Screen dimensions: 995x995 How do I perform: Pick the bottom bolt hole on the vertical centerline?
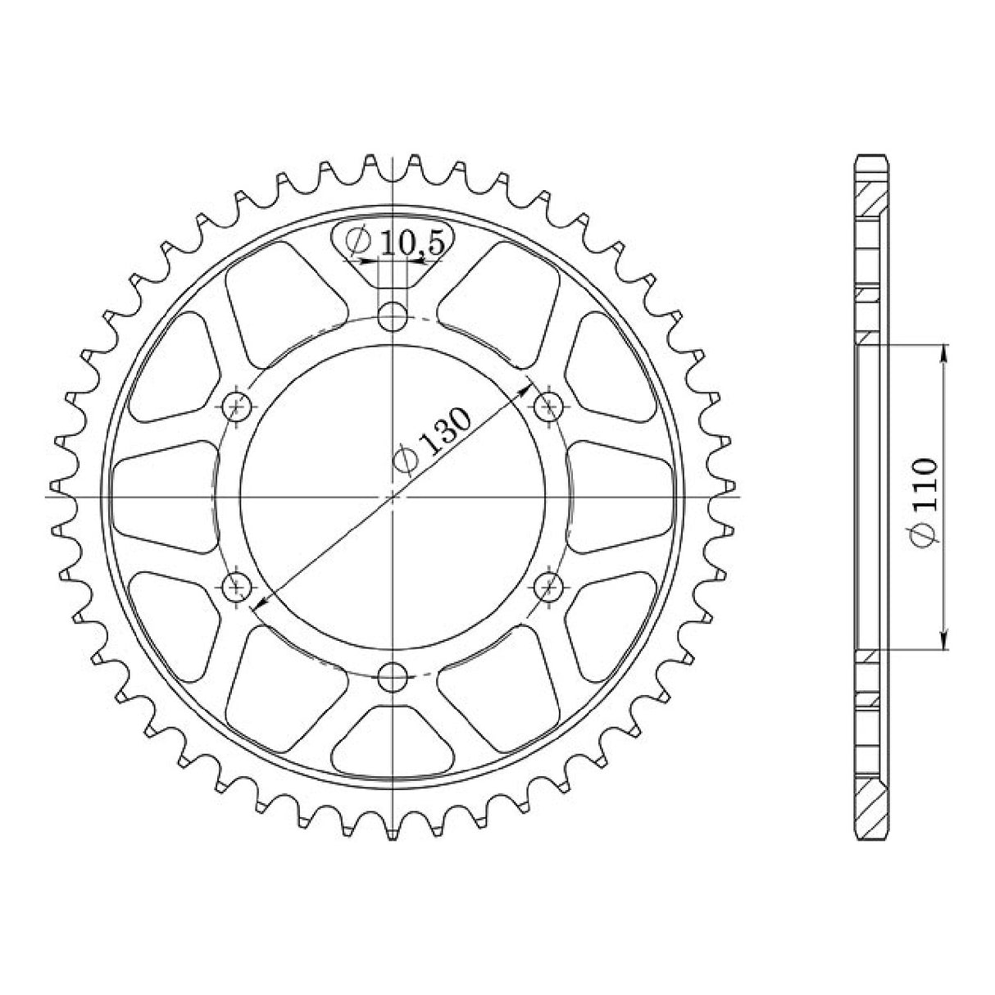[394, 675]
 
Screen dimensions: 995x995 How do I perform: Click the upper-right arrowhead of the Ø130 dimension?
[527, 391]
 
